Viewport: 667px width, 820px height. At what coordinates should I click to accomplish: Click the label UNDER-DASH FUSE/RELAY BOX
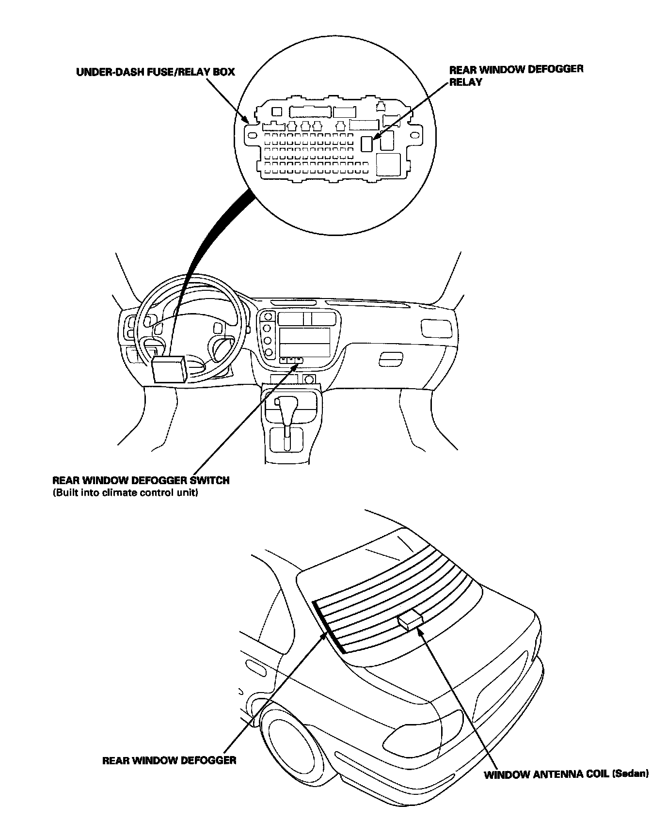point(155,72)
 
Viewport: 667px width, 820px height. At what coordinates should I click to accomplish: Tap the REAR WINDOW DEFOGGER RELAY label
point(516,75)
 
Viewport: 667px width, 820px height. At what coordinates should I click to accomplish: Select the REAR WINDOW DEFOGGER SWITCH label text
point(141,481)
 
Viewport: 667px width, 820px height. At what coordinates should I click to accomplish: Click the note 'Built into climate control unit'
point(126,493)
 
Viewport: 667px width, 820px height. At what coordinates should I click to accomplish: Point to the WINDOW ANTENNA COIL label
point(547,774)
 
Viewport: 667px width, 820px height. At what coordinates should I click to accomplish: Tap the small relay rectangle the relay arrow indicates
point(367,143)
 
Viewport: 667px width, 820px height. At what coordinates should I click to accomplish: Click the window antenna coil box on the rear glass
point(410,621)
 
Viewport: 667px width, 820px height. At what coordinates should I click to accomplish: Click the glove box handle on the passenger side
point(390,359)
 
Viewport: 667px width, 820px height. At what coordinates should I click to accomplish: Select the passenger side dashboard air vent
point(436,328)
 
